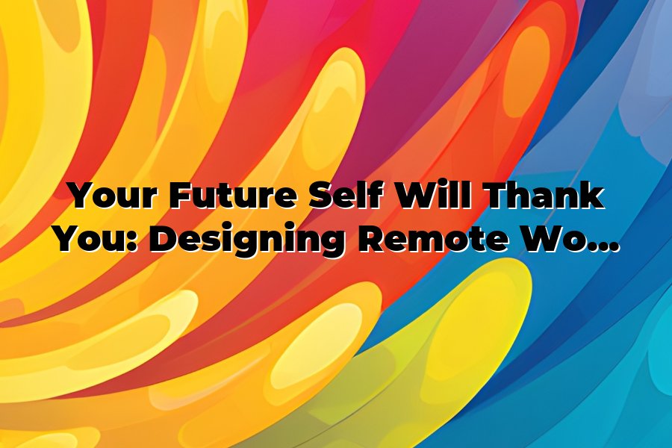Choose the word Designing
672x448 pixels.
[x=248, y=241]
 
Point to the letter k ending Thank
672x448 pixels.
[x=593, y=196]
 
